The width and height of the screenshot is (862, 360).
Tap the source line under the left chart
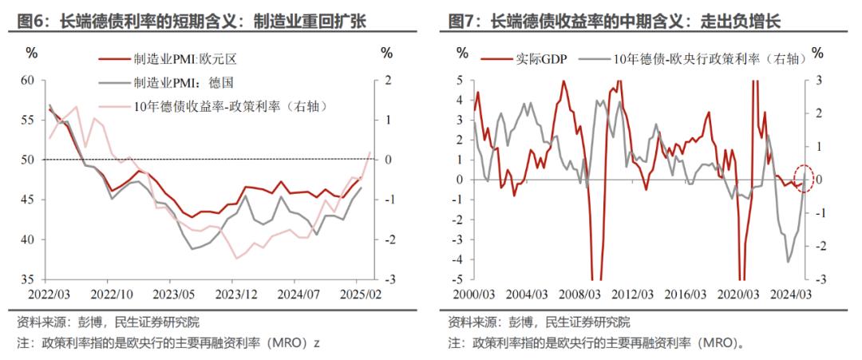point(109,322)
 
